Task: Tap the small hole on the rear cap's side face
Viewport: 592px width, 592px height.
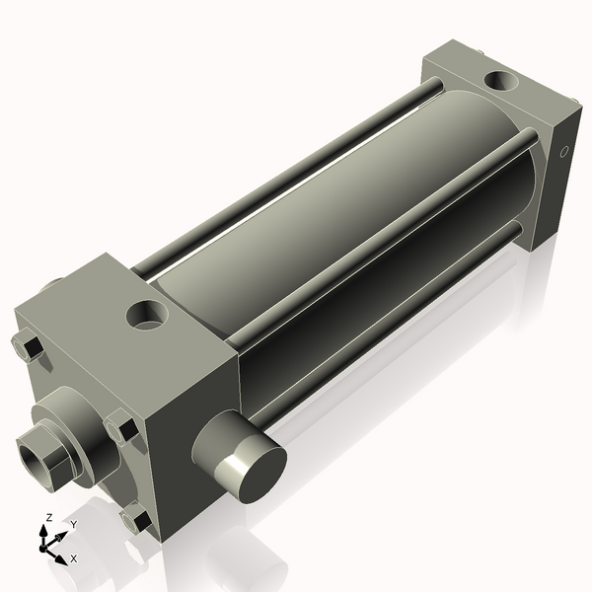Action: tap(564, 153)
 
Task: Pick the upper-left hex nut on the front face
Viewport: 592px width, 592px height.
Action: tap(29, 347)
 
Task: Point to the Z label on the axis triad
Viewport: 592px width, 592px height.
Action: tap(49, 517)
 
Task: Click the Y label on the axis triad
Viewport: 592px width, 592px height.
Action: tap(73, 525)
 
